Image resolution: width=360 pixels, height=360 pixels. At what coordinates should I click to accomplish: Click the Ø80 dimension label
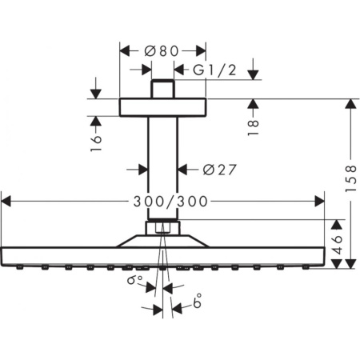(163, 50)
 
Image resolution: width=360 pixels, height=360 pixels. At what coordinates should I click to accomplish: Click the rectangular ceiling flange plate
(162, 107)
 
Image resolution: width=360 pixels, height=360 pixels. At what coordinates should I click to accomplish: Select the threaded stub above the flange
(162, 88)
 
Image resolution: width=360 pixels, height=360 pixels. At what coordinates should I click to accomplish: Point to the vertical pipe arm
(162, 168)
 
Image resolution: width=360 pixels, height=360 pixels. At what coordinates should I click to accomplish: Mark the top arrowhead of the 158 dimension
(349, 104)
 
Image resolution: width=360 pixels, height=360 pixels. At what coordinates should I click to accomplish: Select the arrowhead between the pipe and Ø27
(182, 169)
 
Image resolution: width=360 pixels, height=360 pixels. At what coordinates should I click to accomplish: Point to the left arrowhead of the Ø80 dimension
(125, 50)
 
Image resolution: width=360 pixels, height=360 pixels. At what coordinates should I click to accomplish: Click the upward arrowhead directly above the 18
(253, 104)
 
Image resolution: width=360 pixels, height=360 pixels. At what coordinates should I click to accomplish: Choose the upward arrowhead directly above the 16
(97, 122)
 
